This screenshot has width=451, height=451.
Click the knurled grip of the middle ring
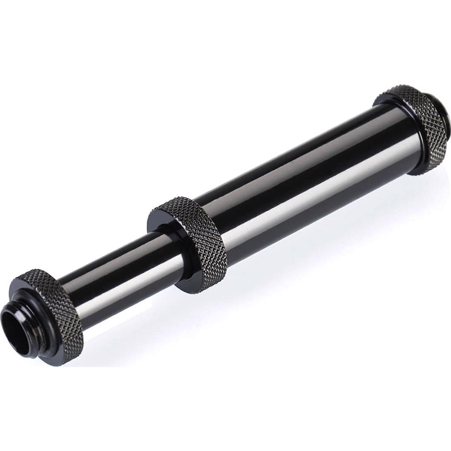(x=207, y=240)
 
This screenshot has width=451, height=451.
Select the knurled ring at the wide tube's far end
(x=418, y=124)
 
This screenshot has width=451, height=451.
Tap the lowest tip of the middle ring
(x=194, y=292)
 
